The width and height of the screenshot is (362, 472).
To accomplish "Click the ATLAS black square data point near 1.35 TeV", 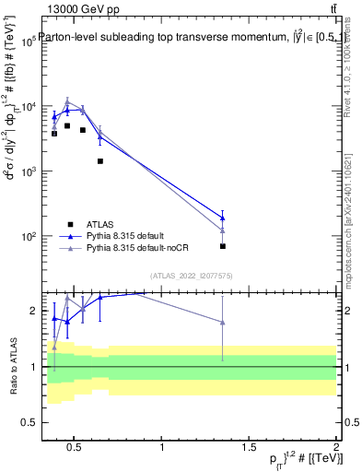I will (223, 246).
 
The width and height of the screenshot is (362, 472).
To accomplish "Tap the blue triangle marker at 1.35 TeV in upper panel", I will (223, 218).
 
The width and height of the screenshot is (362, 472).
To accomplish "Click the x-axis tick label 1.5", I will (250, 448).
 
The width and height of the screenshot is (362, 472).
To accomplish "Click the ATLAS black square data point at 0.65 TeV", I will (100, 161).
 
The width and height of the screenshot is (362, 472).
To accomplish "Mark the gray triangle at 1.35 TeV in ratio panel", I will (223, 322).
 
